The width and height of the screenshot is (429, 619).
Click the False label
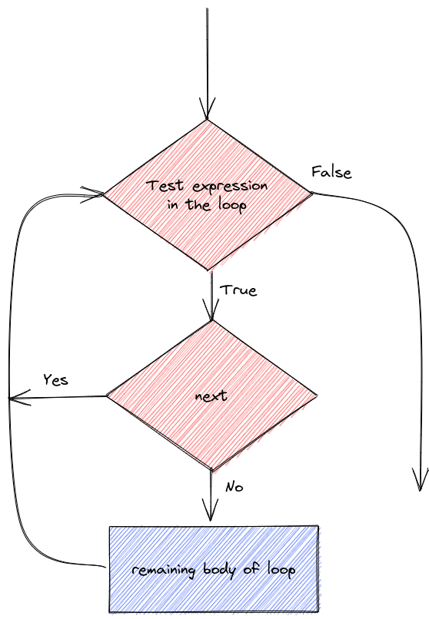click(331, 173)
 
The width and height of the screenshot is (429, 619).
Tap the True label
click(238, 290)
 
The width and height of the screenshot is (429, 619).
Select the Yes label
click(55, 379)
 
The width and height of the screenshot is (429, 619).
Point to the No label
click(234, 487)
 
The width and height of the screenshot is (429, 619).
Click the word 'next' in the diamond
click(211, 396)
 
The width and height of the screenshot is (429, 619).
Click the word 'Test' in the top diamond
click(165, 186)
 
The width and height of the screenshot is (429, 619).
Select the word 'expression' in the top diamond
click(231, 187)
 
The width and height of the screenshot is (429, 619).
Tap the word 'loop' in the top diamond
click(232, 205)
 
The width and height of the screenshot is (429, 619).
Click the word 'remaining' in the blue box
click(164, 571)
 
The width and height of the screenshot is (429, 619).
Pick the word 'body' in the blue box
click(219, 570)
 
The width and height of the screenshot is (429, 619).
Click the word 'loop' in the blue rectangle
click(281, 570)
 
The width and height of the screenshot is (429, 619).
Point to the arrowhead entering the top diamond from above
click(207, 108)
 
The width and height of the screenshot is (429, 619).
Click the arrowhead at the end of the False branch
click(420, 480)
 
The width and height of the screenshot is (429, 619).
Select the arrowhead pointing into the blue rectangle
click(210, 510)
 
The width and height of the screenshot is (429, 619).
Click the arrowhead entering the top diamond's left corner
click(92, 194)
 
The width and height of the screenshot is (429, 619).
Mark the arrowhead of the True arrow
click(211, 309)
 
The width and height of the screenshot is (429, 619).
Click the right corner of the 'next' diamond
click(317, 395)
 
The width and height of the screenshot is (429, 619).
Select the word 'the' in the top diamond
click(198, 205)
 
